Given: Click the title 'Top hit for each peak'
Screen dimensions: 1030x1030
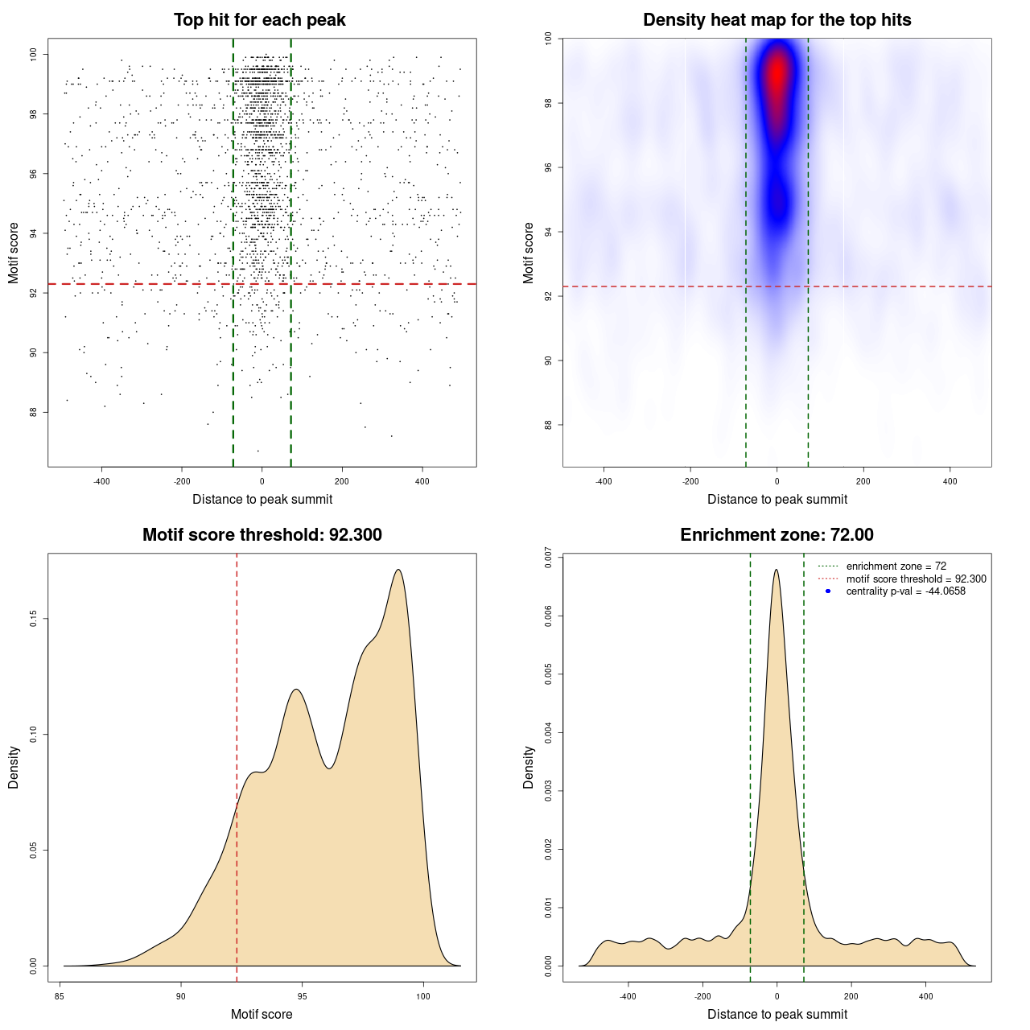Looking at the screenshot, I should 259,20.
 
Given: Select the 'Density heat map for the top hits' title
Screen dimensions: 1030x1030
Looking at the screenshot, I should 777,20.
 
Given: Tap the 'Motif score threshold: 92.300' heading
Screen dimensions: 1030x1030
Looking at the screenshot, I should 262,535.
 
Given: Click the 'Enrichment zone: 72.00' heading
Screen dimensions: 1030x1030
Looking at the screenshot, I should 777,535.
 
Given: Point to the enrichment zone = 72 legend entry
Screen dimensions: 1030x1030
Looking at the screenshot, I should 896,566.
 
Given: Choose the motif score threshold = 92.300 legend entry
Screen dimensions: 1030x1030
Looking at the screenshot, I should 916,579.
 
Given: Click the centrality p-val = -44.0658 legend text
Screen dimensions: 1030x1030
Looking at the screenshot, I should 905,591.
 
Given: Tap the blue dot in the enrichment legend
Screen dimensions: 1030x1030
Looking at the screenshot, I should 827,591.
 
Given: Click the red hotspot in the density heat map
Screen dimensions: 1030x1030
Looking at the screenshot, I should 777,74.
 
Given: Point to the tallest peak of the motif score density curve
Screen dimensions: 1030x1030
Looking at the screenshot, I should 398,570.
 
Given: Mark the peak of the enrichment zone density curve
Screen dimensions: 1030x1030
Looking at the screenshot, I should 776,570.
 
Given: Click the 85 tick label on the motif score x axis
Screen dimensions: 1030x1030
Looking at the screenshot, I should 60,996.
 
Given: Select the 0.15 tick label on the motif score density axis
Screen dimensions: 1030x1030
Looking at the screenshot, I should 33,618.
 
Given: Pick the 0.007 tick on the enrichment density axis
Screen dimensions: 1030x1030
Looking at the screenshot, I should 548,558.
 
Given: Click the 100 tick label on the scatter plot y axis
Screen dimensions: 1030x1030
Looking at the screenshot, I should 33,54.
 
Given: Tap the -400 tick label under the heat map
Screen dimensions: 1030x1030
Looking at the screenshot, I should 604,481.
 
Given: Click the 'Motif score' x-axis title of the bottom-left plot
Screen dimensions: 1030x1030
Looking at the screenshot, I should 262,1014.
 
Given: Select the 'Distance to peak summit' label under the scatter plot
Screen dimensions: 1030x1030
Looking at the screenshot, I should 262,499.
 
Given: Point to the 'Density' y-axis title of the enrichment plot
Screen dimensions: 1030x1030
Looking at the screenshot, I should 529,767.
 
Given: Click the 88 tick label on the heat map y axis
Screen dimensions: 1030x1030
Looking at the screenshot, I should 548,425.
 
